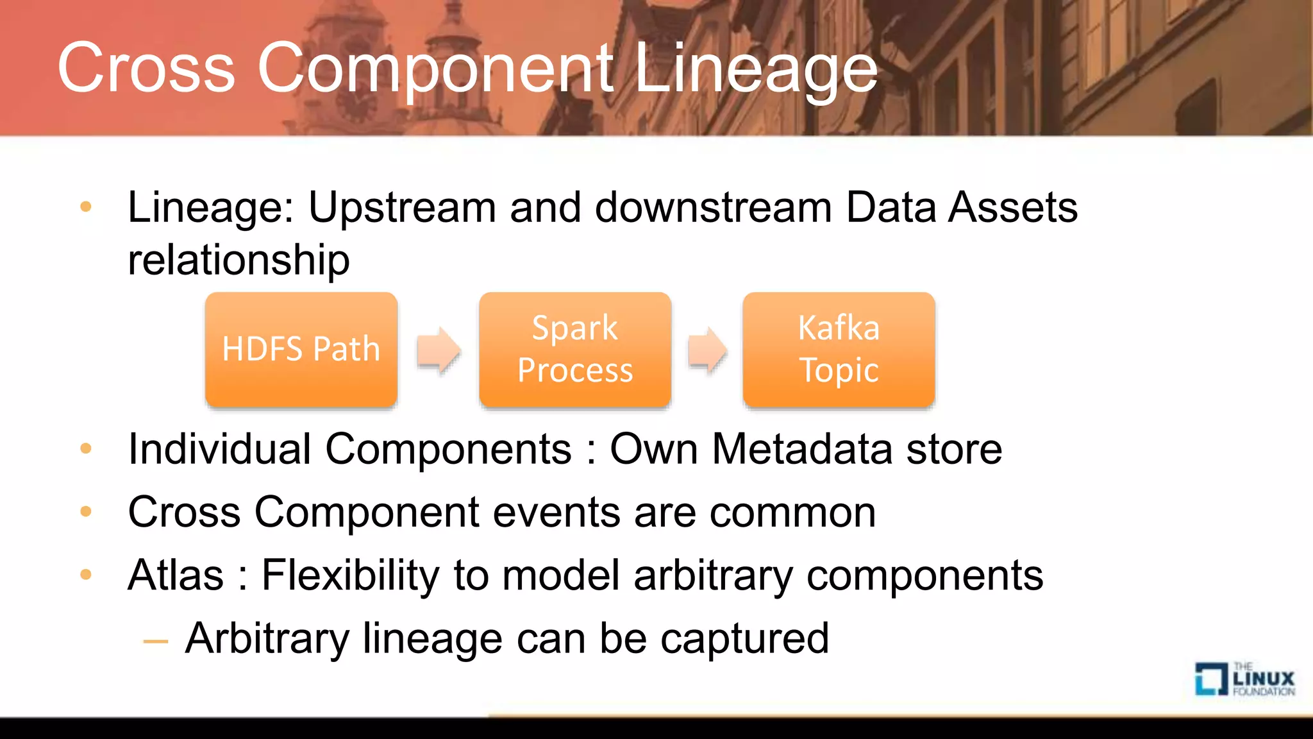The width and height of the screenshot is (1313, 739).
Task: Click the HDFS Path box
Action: click(x=301, y=349)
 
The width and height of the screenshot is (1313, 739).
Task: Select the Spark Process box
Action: click(x=574, y=349)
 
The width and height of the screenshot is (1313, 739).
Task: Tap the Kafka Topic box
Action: click(x=839, y=349)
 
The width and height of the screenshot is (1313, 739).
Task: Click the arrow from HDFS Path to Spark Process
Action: click(x=439, y=350)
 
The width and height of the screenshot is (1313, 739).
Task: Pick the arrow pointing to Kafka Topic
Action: click(x=707, y=350)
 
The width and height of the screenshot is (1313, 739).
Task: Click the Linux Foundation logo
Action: click(x=1244, y=679)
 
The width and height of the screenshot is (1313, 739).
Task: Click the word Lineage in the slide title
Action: click(x=755, y=68)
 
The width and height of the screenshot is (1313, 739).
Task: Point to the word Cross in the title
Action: click(x=146, y=68)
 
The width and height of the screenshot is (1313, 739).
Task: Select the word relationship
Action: click(x=238, y=260)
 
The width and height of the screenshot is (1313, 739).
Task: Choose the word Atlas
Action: click(x=176, y=575)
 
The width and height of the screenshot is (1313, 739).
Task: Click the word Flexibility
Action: click(x=350, y=575)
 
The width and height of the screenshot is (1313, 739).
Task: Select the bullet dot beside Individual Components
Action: click(x=86, y=448)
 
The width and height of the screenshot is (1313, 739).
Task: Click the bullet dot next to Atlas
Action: click(x=86, y=575)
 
